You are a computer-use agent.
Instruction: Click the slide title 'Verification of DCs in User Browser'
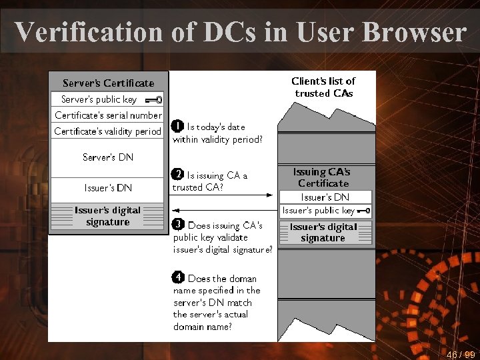click(240, 31)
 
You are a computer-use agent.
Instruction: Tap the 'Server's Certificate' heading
click(108, 83)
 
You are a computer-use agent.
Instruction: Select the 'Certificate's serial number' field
click(108, 115)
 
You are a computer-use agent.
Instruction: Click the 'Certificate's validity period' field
click(108, 131)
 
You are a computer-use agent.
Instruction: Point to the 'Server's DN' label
click(108, 157)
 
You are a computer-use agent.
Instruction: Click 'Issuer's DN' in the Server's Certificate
click(108, 188)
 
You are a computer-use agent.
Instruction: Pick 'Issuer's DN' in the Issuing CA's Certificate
click(325, 197)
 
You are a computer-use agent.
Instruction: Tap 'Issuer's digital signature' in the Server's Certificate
click(108, 216)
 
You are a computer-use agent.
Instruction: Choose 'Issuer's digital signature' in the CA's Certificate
click(323, 232)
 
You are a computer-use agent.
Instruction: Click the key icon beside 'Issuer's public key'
click(364, 211)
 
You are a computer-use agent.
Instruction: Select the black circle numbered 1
click(178, 125)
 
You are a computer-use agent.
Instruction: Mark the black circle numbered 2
click(178, 175)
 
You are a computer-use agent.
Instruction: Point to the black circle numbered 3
click(178, 224)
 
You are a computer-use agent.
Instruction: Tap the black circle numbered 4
click(178, 277)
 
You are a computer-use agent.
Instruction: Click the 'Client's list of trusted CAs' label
click(323, 87)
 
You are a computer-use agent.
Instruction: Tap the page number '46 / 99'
click(461, 354)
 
